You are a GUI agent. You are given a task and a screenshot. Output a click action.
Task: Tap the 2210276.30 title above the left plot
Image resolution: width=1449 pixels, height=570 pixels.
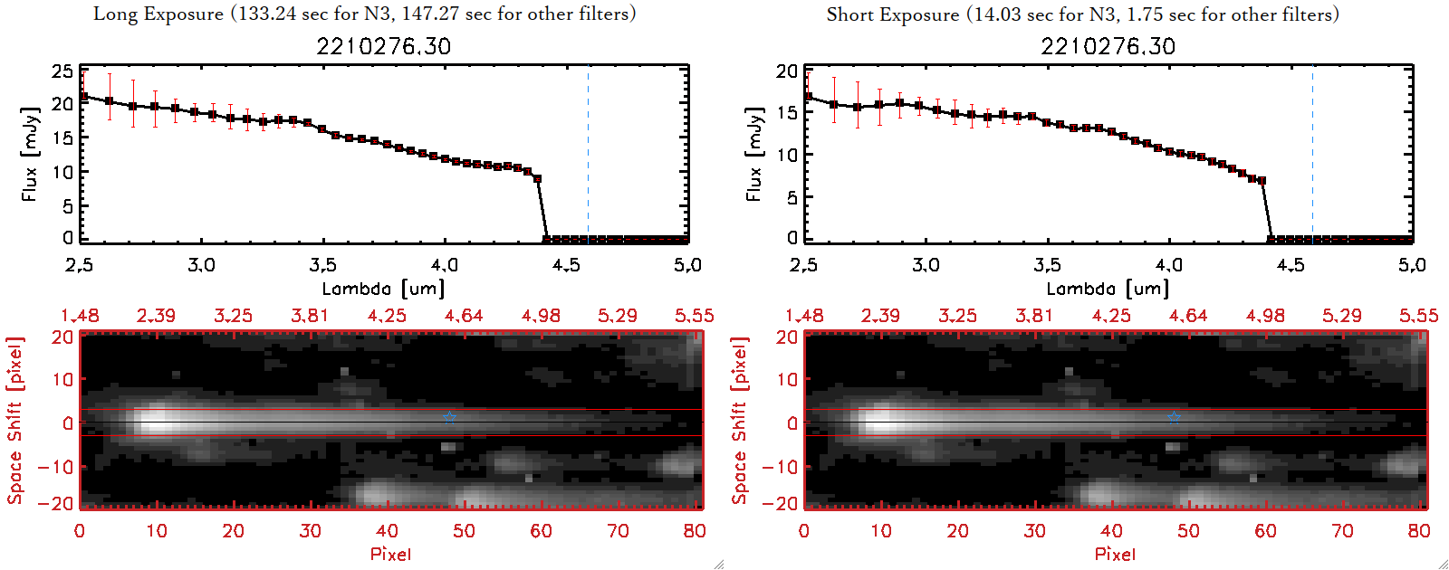(x=383, y=46)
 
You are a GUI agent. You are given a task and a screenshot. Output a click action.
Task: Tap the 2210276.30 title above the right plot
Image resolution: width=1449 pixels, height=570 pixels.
(x=1108, y=46)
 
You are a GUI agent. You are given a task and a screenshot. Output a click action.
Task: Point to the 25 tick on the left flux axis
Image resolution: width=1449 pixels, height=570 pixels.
(x=62, y=71)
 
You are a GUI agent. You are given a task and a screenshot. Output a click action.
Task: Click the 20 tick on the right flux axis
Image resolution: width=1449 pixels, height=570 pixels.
(x=787, y=71)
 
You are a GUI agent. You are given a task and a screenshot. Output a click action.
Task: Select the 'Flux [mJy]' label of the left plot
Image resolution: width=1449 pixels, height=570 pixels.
(x=30, y=154)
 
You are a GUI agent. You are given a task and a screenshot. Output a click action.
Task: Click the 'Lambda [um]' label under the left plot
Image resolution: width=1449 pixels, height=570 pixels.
(x=383, y=289)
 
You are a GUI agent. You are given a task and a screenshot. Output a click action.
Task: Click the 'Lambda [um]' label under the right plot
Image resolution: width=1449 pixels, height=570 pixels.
(x=1108, y=289)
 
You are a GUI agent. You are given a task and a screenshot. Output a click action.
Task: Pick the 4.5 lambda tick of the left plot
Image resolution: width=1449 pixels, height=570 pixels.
(x=566, y=265)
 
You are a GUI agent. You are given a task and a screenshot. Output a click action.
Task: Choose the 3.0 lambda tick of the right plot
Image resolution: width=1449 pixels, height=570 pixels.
(x=926, y=265)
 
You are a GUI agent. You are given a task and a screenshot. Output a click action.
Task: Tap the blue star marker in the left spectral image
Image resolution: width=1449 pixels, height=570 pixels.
(x=450, y=417)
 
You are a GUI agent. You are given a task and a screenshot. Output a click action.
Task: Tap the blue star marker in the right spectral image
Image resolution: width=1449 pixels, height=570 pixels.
(x=1175, y=417)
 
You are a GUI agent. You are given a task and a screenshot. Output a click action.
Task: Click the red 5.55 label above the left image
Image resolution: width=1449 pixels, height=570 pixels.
(x=694, y=316)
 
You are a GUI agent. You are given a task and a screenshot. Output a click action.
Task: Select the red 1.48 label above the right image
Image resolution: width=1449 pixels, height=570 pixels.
(x=804, y=316)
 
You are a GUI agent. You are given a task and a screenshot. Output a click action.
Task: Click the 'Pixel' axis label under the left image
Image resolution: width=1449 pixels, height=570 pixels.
(x=390, y=554)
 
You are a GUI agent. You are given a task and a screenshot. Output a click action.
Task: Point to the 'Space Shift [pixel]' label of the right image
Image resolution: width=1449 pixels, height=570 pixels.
(x=740, y=421)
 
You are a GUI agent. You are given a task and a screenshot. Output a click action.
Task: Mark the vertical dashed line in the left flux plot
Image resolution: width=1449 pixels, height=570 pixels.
(x=588, y=154)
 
